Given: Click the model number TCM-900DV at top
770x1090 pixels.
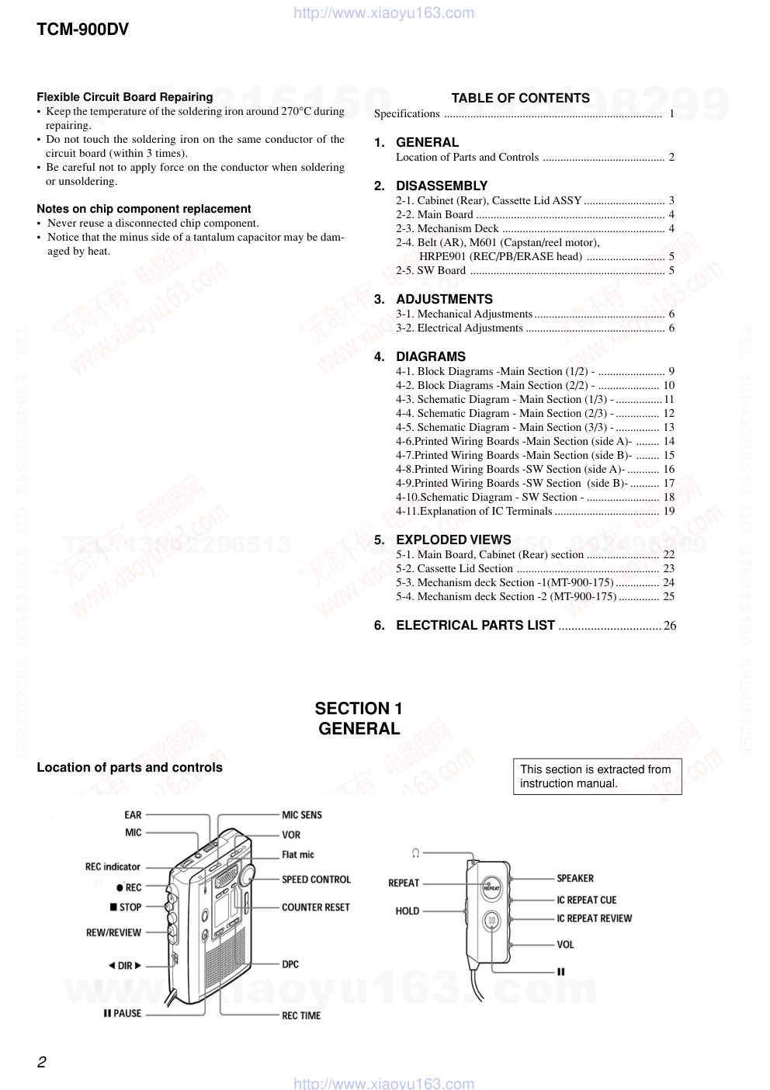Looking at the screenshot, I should click(82, 30).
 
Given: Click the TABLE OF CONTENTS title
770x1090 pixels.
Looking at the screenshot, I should click(520, 98).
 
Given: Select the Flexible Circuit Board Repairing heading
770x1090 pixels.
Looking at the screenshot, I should click(124, 97).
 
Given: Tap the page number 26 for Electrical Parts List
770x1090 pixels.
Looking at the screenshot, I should click(670, 626).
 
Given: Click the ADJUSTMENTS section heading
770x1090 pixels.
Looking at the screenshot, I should click(444, 300).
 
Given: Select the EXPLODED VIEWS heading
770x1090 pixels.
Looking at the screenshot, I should click(453, 540).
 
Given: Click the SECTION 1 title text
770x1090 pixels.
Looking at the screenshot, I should click(359, 709).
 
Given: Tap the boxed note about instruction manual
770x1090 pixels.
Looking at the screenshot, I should click(596, 776).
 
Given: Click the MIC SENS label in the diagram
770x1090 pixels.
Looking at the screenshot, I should click(302, 815).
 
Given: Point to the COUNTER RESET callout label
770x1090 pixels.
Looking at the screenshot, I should click(316, 908).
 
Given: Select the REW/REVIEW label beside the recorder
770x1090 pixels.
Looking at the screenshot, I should click(113, 933).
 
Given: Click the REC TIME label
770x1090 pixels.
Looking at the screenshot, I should click(301, 1016).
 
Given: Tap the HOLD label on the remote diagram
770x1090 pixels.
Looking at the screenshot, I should click(408, 911).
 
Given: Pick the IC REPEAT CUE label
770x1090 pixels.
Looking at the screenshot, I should click(587, 901).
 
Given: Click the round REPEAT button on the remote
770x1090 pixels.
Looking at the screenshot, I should click(492, 887).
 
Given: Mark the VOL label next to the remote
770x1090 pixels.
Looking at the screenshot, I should click(566, 945).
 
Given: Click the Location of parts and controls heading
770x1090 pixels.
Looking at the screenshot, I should click(130, 768).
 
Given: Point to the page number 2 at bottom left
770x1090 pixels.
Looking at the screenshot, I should click(42, 1062).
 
